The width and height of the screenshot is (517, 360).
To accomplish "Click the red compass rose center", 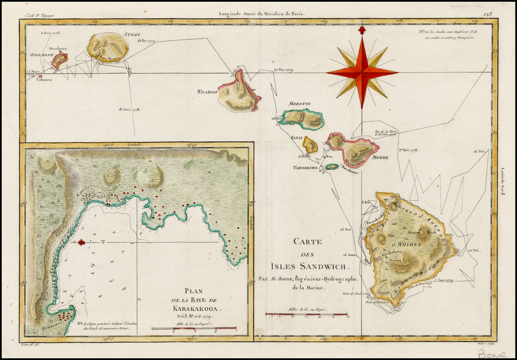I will coord(362,72).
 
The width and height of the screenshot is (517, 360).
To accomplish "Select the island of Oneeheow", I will coord(60,61).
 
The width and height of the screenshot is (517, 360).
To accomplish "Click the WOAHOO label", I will coord(207,92).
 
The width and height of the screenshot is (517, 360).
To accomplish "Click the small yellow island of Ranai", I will coord(310,145).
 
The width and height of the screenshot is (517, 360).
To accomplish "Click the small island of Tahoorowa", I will coord(332,167).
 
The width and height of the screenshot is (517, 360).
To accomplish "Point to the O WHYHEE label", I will coord(406,244).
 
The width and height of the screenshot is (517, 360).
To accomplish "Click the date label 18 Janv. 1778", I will coord(130,109).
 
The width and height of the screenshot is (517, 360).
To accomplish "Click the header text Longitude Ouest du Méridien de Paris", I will coord(262,15).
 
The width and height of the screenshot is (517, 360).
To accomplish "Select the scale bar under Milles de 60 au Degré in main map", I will coord(307,315).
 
